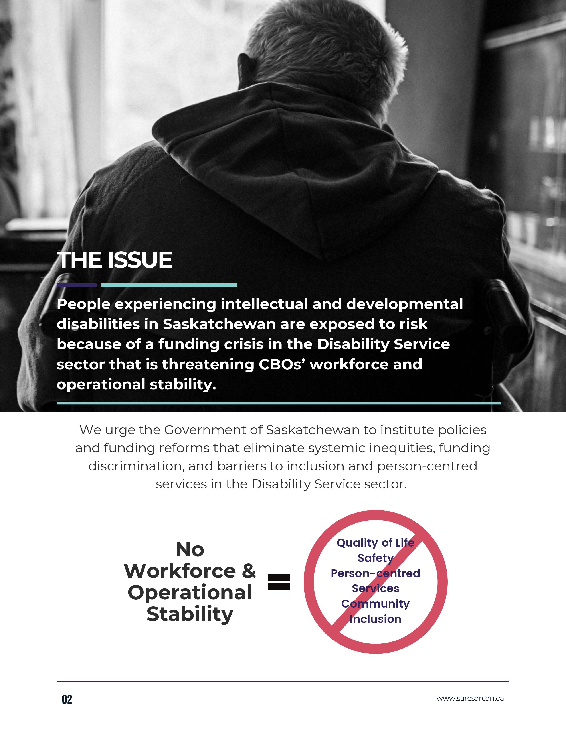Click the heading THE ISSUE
click(114, 260)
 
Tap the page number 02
click(67, 699)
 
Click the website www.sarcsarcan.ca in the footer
click(470, 699)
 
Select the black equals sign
click(279, 582)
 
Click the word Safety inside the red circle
click(375, 558)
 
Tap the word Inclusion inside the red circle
click(375, 619)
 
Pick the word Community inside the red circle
click(375, 604)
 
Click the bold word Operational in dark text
click(190, 592)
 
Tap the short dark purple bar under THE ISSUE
click(76, 285)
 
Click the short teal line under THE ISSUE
click(169, 285)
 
